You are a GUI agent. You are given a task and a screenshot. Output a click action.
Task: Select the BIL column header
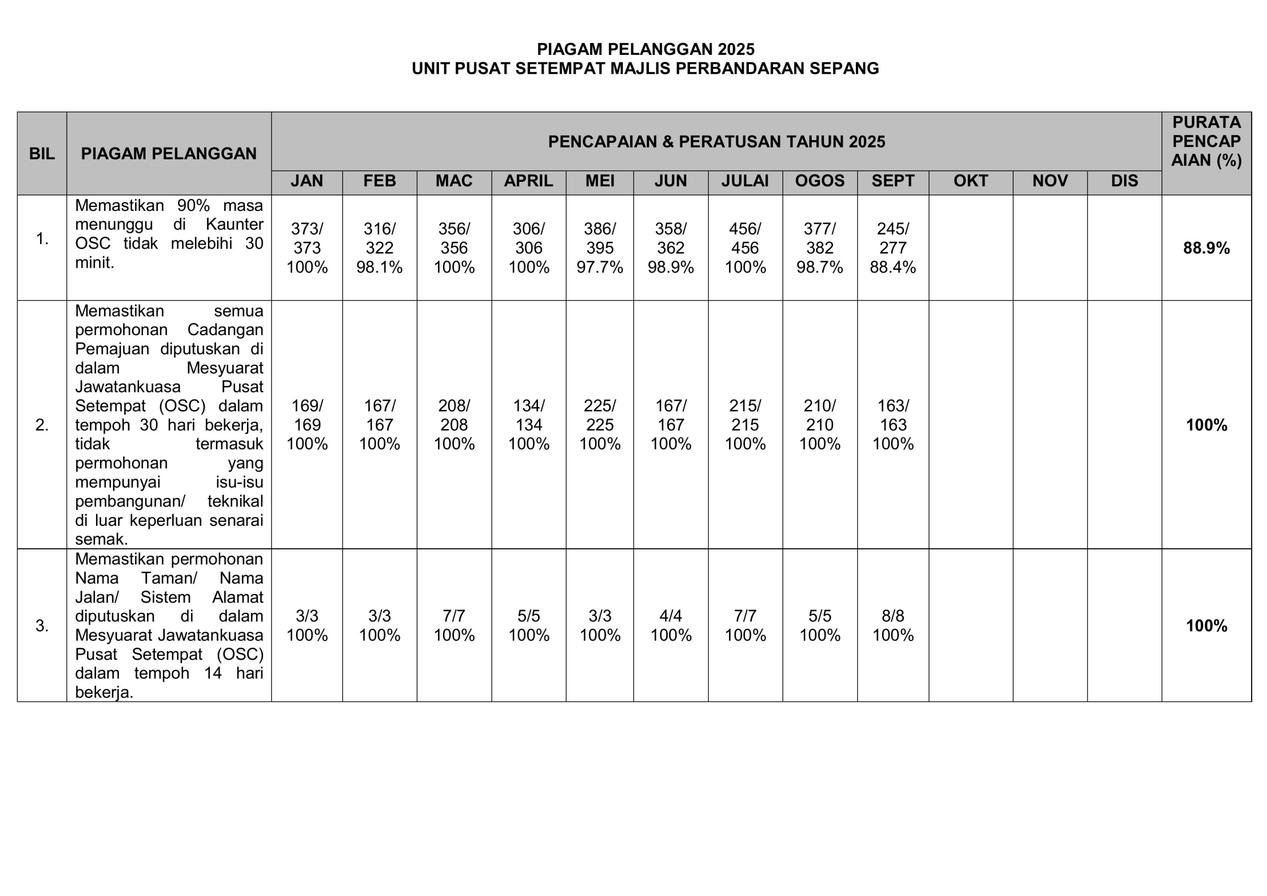[x=42, y=153]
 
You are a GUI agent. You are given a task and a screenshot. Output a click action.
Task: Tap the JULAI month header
[x=744, y=181]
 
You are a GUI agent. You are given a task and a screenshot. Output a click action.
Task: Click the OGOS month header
[x=820, y=181]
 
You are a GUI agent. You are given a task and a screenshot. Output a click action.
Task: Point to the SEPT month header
[x=892, y=181]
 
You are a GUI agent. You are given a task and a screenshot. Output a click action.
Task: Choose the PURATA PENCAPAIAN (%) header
[x=1206, y=141]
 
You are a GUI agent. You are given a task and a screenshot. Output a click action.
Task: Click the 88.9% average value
[x=1206, y=249]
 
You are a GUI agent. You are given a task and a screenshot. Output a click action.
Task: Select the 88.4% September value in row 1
[x=892, y=268]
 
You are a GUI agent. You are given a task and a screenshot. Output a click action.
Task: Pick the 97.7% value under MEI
[x=599, y=268]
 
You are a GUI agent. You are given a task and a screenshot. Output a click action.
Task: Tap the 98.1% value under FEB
[x=379, y=268]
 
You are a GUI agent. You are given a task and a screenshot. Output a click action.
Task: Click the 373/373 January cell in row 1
[x=307, y=238]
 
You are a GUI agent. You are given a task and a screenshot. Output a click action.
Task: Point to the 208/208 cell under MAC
[x=454, y=415]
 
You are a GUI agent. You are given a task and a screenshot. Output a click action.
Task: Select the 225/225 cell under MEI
[x=599, y=415]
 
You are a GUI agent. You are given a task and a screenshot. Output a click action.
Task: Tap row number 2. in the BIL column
[x=42, y=425]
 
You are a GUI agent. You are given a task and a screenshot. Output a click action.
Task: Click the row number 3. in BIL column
[x=42, y=626]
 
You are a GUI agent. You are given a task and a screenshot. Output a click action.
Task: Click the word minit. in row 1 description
[x=95, y=263]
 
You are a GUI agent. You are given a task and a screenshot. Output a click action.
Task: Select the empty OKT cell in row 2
[x=970, y=425]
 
